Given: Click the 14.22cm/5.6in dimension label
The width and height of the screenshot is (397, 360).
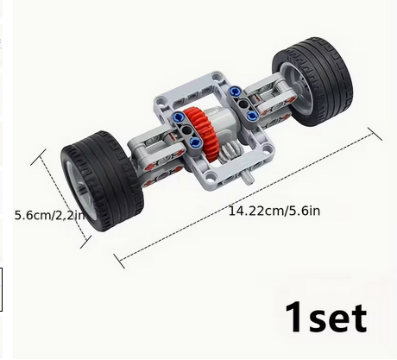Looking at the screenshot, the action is point(274,211).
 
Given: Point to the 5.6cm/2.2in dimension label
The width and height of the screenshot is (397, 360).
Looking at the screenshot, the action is point(49,215).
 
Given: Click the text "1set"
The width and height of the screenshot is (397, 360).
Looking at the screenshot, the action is point(325,317).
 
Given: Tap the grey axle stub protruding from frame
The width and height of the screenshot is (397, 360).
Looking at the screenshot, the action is point(248,178).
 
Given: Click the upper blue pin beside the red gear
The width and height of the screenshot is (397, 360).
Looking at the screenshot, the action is point(178,117).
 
